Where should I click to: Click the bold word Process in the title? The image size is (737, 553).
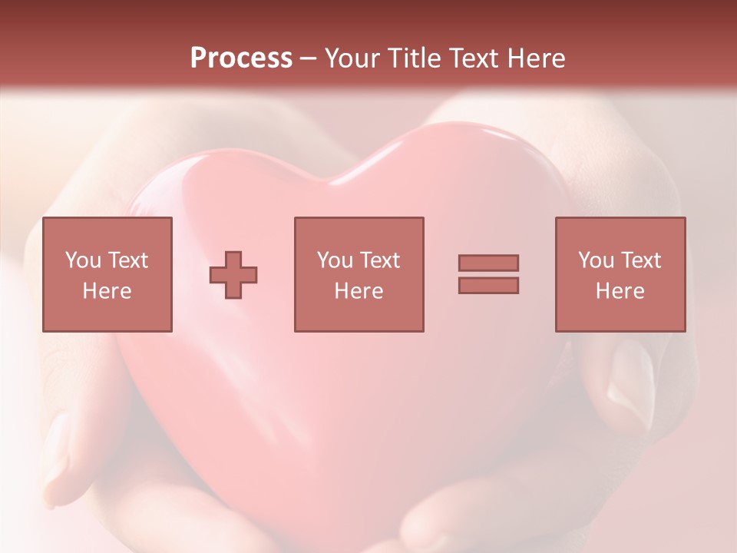(x=241, y=58)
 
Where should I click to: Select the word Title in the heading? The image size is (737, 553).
(x=415, y=58)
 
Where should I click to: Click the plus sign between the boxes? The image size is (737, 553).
(x=233, y=274)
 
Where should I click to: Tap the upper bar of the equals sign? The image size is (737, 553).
(x=488, y=263)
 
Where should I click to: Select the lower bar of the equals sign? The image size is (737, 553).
(x=488, y=286)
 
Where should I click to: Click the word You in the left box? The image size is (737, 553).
(x=82, y=260)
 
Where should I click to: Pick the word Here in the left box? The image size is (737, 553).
(x=107, y=291)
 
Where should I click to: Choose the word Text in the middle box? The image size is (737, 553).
(x=379, y=260)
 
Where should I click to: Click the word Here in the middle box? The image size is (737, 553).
(x=359, y=291)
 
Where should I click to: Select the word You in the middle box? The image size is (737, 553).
(x=335, y=260)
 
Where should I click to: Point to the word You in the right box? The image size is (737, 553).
(x=596, y=260)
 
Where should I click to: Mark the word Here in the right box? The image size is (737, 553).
(x=620, y=291)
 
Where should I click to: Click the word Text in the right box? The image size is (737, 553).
(x=640, y=260)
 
